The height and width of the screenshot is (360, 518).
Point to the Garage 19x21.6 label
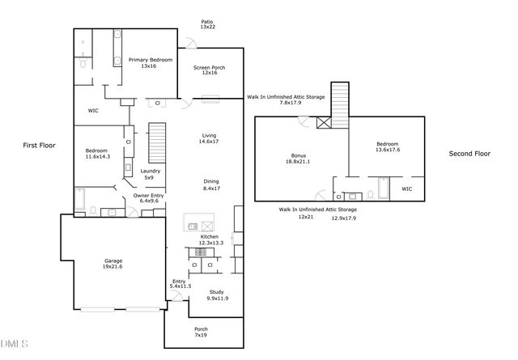coord(113,265)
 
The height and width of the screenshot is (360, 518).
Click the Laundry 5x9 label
coord(150,174)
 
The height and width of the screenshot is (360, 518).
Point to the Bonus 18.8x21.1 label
coord(299,159)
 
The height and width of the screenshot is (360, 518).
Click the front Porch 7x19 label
coord(201,332)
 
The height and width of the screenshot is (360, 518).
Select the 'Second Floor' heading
coord(470,153)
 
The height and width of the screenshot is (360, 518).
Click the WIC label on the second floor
coord(406,189)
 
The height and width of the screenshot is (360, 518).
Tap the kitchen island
coord(199,226)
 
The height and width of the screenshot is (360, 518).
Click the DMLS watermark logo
coord(13,345)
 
